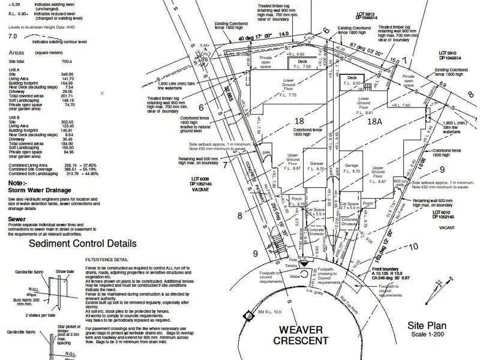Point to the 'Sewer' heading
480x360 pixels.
[x=16, y=220]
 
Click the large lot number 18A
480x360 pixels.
[x=375, y=121]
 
